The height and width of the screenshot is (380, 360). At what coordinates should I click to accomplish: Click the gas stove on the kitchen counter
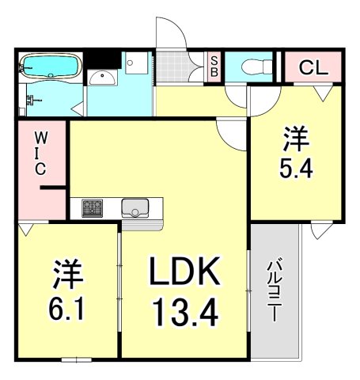pyautogui.click(x=93, y=208)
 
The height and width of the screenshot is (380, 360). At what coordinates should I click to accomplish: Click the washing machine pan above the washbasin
pyautogui.click(x=134, y=60)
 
